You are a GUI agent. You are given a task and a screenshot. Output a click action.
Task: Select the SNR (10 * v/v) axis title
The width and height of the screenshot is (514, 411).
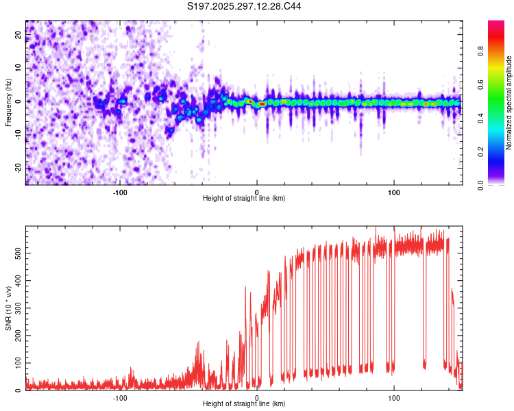coord(8,308)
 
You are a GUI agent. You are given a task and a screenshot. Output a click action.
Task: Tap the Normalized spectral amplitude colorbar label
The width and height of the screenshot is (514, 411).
coord(509,103)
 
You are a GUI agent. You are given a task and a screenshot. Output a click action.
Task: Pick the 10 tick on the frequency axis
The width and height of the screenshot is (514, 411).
coord(19,68)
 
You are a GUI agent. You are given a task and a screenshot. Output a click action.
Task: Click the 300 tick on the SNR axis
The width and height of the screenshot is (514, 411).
coord(19,308)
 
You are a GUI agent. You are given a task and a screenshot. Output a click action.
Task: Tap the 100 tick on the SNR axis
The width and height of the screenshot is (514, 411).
coord(19,363)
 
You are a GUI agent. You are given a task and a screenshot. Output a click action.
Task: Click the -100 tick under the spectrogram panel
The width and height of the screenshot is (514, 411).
coord(120,191)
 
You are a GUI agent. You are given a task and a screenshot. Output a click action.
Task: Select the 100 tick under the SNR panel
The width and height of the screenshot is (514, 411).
coord(394,397)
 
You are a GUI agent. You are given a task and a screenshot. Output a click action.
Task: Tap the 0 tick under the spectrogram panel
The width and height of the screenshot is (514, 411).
coord(257,191)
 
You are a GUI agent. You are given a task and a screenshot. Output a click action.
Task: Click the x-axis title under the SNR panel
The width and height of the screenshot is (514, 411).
coord(244,404)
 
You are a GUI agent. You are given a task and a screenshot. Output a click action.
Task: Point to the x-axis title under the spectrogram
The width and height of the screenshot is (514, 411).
coord(244,198)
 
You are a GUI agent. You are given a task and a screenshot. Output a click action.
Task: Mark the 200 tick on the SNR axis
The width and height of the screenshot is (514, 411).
coord(19,336)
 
